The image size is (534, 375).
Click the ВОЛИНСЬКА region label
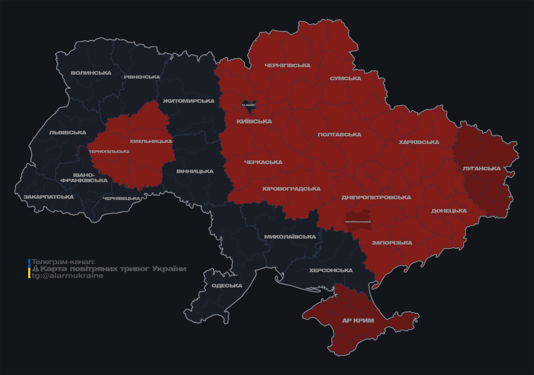click(91, 73)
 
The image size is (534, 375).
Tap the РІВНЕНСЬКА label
click(142, 77)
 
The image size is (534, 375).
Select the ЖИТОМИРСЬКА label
click(189, 101)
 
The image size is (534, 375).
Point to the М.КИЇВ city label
click(248, 105)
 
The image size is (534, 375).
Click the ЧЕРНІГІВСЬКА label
click(287, 65)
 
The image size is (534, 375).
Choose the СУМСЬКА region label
click(345, 79)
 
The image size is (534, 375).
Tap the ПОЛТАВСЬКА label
click(339, 134)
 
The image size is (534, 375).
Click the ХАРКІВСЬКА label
click(419, 142)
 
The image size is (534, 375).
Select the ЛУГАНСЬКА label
click(481, 168)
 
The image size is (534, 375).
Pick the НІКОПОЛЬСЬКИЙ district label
click(358, 222)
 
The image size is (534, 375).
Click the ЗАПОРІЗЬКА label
click(392, 243)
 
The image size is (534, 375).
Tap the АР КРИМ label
click(358, 320)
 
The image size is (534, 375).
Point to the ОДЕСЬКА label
click(227, 286)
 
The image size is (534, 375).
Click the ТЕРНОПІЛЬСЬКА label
click(109, 152)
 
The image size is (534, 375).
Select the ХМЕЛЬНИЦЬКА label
click(151, 141)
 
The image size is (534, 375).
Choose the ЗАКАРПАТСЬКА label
click(48, 197)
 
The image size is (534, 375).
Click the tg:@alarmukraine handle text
click(67, 276)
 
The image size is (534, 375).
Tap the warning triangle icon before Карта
click(35, 269)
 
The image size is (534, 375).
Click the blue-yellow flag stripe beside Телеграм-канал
click(29, 269)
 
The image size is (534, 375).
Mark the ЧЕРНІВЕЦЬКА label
click(121, 198)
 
